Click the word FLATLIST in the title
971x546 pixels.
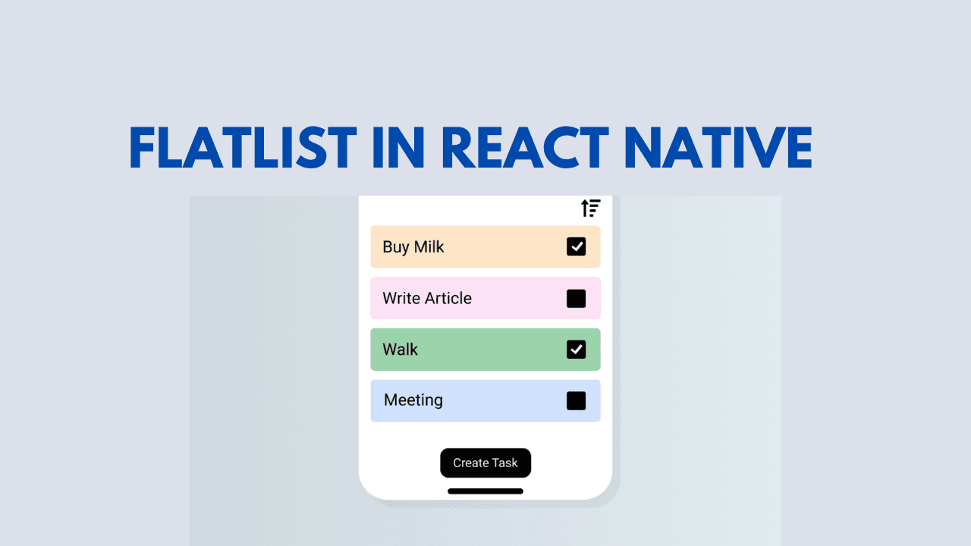243,148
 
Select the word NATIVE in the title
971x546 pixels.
718,148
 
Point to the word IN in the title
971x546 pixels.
398,148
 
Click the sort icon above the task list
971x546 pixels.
590,208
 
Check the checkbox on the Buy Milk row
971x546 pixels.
576,246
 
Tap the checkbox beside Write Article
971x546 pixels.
576,299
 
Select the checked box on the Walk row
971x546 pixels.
576,350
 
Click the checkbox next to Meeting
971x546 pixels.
576,401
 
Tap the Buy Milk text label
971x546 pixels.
413,247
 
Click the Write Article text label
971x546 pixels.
427,298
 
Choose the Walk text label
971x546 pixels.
400,350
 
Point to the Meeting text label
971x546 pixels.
413,400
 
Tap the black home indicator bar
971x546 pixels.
485,491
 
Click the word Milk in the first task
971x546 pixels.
429,246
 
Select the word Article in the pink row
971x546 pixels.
448,298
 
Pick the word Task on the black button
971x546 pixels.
504,463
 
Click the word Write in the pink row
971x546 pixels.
401,298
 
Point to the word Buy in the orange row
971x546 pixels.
396,247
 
